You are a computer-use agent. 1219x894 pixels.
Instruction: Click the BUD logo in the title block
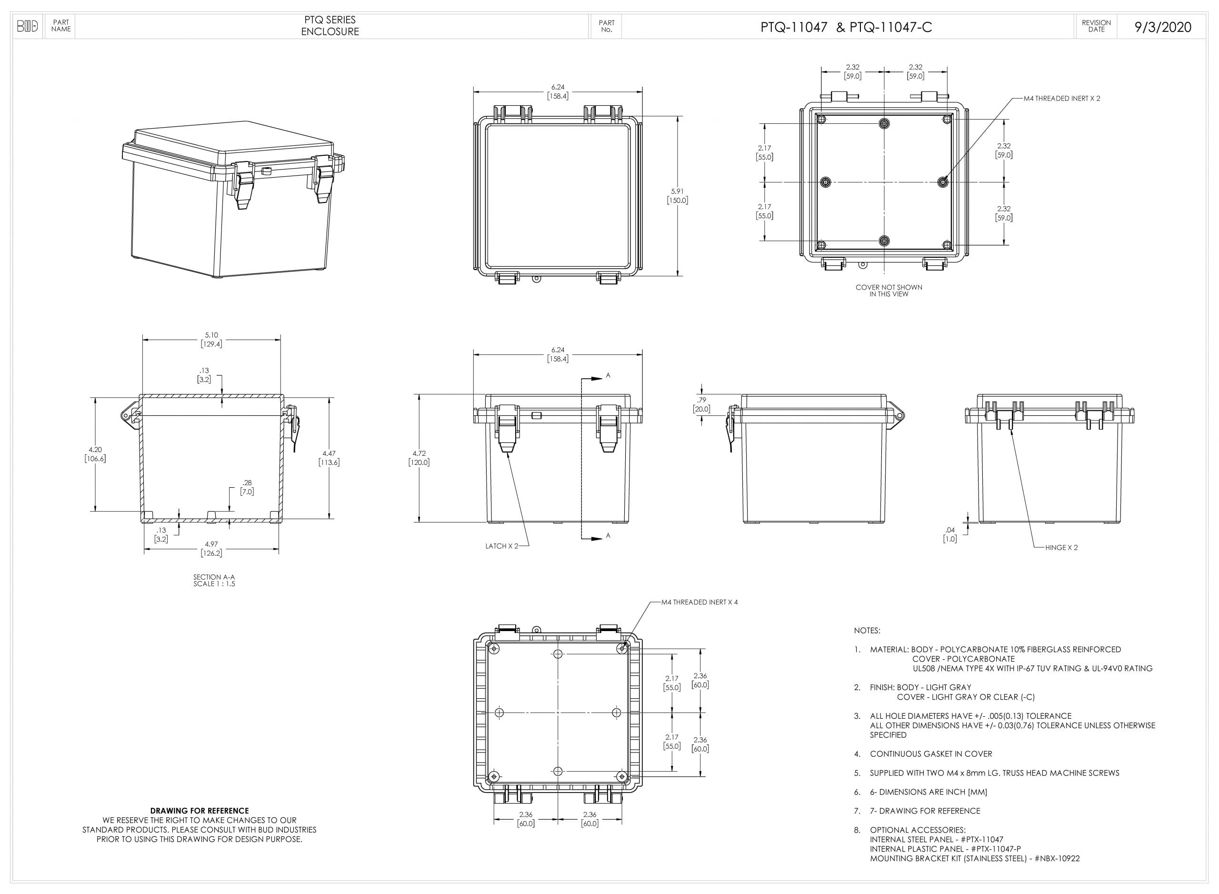28,26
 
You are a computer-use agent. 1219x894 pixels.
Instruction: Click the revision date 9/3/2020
1162,27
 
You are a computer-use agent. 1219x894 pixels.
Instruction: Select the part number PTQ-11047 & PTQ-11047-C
846,27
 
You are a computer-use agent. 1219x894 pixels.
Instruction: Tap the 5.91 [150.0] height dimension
677,195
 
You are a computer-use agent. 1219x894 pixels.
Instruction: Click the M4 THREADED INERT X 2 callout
1061,99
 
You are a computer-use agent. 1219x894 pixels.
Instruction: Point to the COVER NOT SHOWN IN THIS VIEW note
889,291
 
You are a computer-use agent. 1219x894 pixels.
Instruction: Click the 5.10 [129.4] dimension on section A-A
211,339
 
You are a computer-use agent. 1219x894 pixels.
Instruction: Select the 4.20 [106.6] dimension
95,454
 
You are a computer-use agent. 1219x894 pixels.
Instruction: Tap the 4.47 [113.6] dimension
329,458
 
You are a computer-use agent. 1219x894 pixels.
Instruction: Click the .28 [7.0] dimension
247,487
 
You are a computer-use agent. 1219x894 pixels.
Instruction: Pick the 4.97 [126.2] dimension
211,548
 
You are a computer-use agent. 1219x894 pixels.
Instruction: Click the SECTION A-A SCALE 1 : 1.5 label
214,580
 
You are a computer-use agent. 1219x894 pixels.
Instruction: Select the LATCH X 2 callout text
501,546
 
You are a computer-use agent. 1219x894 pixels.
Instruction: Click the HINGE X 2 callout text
1061,548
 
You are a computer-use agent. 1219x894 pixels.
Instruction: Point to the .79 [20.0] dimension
702,404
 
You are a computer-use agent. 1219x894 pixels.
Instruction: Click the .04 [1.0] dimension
950,534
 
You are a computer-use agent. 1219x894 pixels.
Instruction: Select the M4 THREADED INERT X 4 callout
699,603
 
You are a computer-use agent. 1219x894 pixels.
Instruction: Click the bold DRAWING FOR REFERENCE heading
199,811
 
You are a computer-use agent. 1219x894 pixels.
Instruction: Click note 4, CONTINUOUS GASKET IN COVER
930,754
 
